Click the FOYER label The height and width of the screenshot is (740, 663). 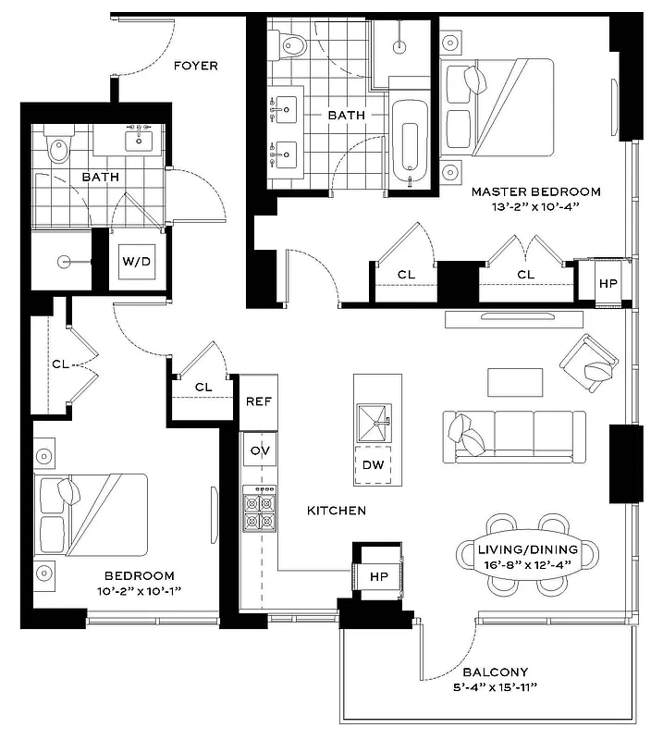(196, 66)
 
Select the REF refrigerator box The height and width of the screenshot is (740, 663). (257, 402)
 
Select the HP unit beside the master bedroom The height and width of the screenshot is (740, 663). (608, 283)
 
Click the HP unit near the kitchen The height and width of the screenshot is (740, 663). (378, 574)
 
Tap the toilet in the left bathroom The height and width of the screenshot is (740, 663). (60, 149)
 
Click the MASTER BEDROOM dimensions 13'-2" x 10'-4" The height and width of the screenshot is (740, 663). (535, 208)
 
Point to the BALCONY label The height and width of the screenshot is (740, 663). (497, 672)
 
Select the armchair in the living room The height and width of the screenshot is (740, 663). (590, 363)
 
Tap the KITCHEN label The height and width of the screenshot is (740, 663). (337, 511)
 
